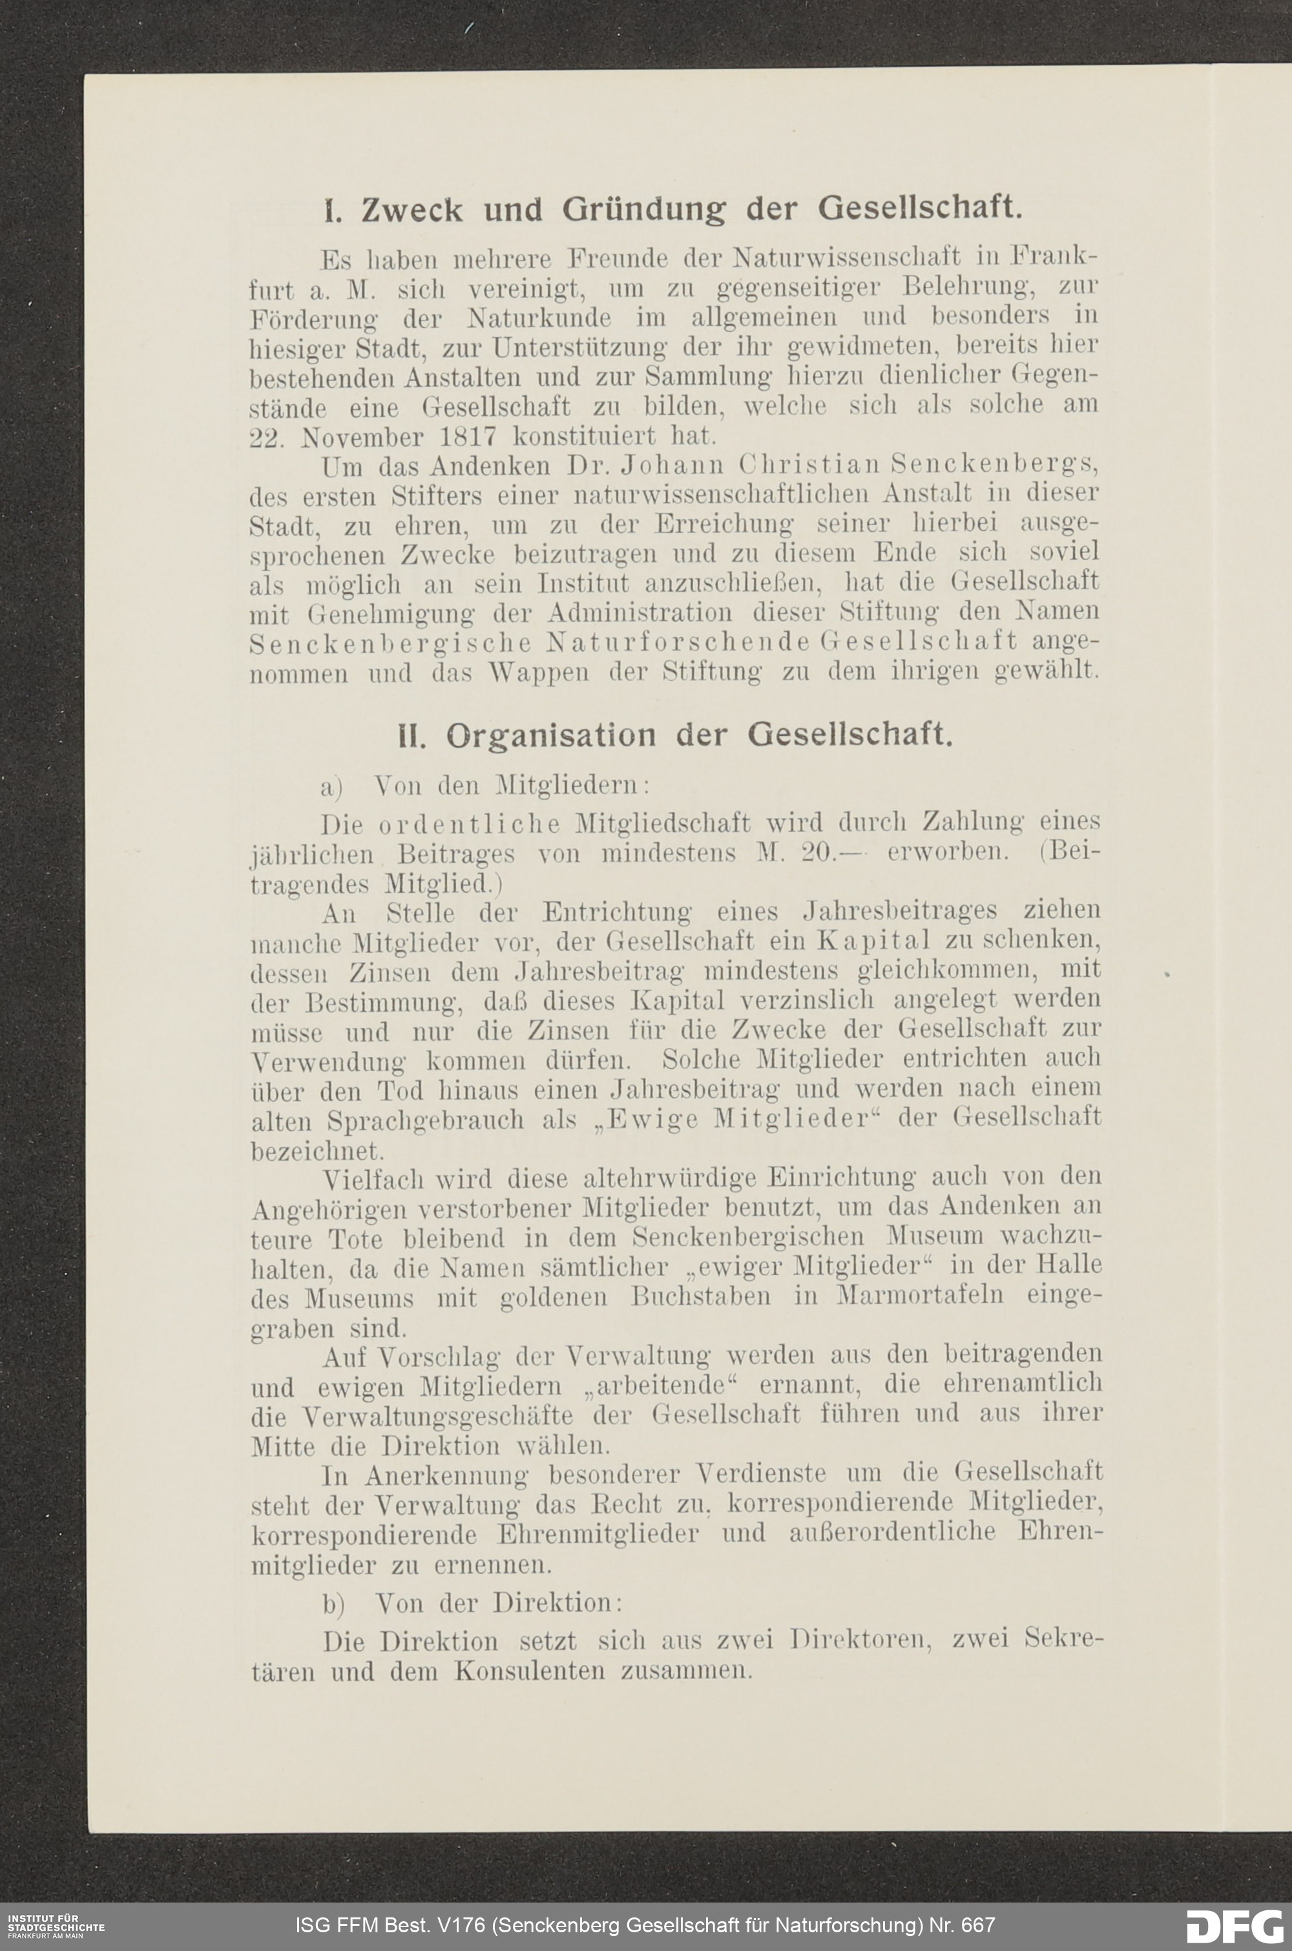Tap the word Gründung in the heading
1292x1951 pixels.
point(643,211)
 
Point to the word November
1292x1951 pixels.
point(362,436)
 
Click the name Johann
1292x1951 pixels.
point(674,466)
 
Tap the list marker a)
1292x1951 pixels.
point(331,788)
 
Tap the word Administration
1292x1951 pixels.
point(640,613)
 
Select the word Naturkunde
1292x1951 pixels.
point(539,317)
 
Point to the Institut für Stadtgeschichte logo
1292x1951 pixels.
point(54,1925)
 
